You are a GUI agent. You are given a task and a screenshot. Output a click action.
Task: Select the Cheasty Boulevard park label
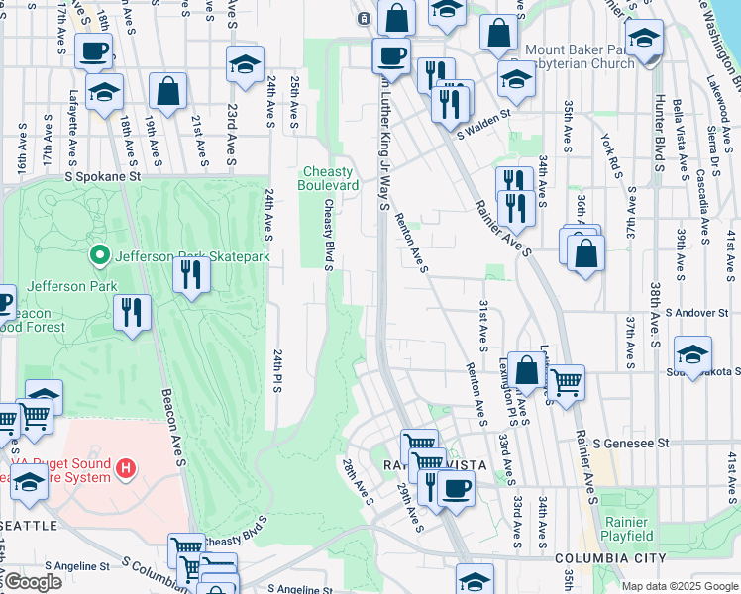[x=329, y=179]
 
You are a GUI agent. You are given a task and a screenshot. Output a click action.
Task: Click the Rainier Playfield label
[x=625, y=529]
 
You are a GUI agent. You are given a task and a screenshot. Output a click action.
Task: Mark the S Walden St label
[x=482, y=114]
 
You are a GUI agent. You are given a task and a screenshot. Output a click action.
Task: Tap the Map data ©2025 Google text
[x=680, y=586]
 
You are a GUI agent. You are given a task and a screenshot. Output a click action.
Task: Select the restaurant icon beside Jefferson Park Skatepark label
[x=191, y=274]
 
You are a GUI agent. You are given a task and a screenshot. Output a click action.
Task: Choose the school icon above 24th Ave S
[x=245, y=65]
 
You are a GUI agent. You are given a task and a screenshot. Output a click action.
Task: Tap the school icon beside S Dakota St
[x=692, y=353]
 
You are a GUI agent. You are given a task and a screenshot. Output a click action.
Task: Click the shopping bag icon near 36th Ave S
[x=585, y=254]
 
